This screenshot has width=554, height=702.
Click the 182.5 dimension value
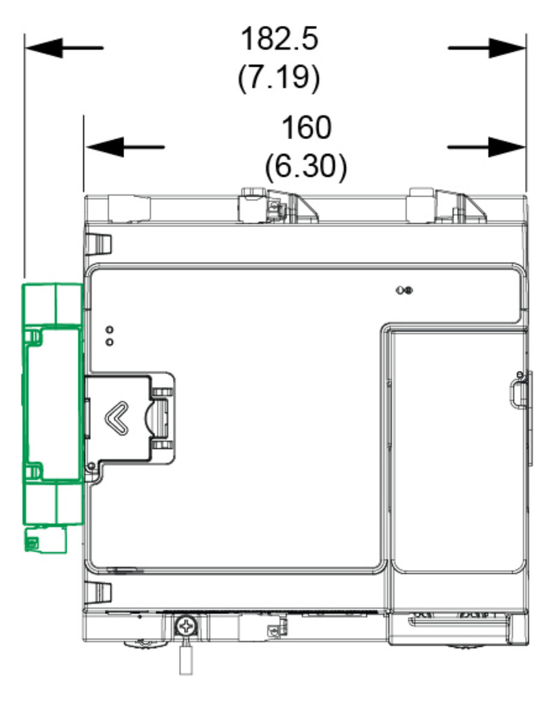click(x=280, y=39)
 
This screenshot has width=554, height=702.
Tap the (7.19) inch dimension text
click(x=279, y=77)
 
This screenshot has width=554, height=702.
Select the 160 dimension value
click(x=306, y=128)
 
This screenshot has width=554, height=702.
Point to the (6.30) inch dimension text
click(x=306, y=166)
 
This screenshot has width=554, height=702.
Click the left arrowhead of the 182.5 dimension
click(x=44, y=48)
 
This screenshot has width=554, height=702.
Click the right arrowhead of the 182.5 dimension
click(x=507, y=48)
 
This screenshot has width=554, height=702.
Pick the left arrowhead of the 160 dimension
click(x=104, y=147)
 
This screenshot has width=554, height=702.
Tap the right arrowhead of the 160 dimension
click(x=506, y=147)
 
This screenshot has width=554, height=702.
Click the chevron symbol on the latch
click(x=116, y=418)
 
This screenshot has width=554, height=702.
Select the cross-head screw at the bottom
click(x=185, y=626)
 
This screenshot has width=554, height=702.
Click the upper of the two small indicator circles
click(x=109, y=330)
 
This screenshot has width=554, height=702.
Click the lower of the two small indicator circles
click(x=109, y=342)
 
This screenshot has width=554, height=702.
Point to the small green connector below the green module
click(x=46, y=539)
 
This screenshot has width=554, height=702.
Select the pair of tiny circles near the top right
click(x=405, y=291)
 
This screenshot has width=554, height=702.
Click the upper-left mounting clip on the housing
click(x=99, y=244)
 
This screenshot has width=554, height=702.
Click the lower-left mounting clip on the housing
click(x=99, y=592)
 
